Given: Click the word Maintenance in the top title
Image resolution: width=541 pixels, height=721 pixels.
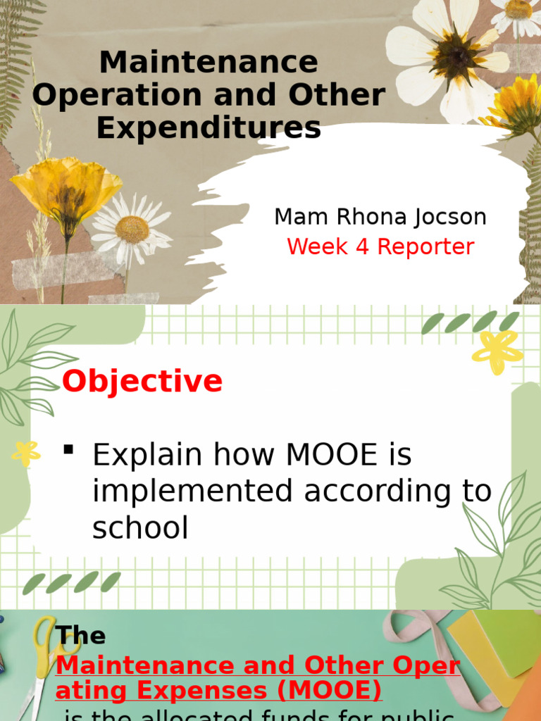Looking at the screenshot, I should pyautogui.click(x=209, y=63).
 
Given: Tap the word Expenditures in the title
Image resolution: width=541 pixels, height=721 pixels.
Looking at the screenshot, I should pyautogui.click(x=209, y=128).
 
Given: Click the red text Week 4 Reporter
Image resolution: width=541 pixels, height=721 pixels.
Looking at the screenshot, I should pyautogui.click(x=380, y=247).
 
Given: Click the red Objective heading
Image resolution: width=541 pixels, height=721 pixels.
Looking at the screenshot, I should pyautogui.click(x=142, y=382).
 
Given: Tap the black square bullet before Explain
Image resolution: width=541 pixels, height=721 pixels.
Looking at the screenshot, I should pyautogui.click(x=68, y=449).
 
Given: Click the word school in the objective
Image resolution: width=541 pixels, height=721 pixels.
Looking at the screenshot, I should pyautogui.click(x=140, y=528).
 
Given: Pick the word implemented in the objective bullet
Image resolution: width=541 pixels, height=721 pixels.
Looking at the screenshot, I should pyautogui.click(x=193, y=491).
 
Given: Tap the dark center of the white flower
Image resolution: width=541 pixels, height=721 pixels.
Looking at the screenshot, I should pyautogui.click(x=455, y=56).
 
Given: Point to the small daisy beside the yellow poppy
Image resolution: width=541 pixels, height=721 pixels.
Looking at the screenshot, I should pyautogui.click(x=132, y=229).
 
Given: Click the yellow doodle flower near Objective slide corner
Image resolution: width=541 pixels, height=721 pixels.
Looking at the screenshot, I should pyautogui.click(x=497, y=351).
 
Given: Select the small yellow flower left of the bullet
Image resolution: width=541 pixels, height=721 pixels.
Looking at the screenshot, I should pyautogui.click(x=26, y=453).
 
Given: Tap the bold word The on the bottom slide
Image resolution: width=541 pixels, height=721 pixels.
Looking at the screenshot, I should pyautogui.click(x=81, y=635).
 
